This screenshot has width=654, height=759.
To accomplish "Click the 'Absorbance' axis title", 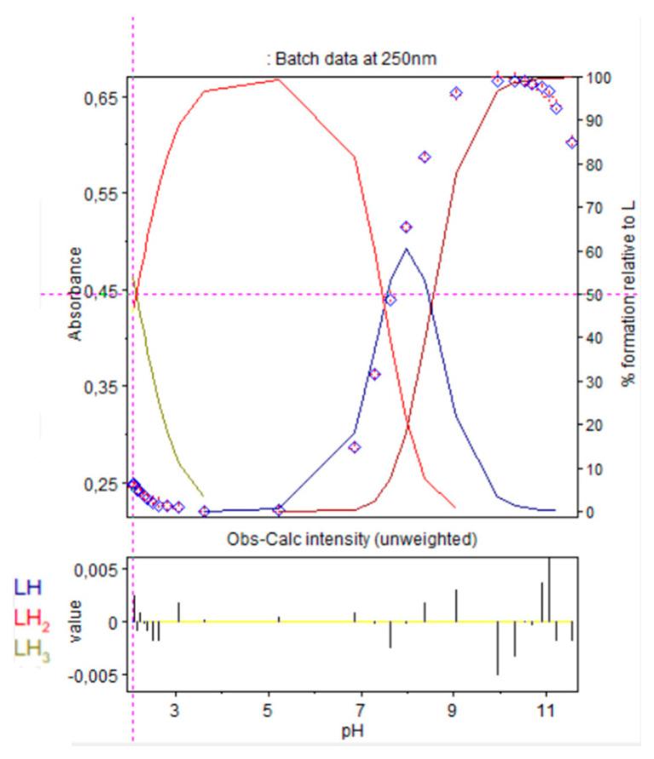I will click(x=77, y=294).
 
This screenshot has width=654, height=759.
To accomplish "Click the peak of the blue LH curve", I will click(x=407, y=249).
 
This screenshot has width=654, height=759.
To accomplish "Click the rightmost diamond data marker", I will click(x=571, y=142).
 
